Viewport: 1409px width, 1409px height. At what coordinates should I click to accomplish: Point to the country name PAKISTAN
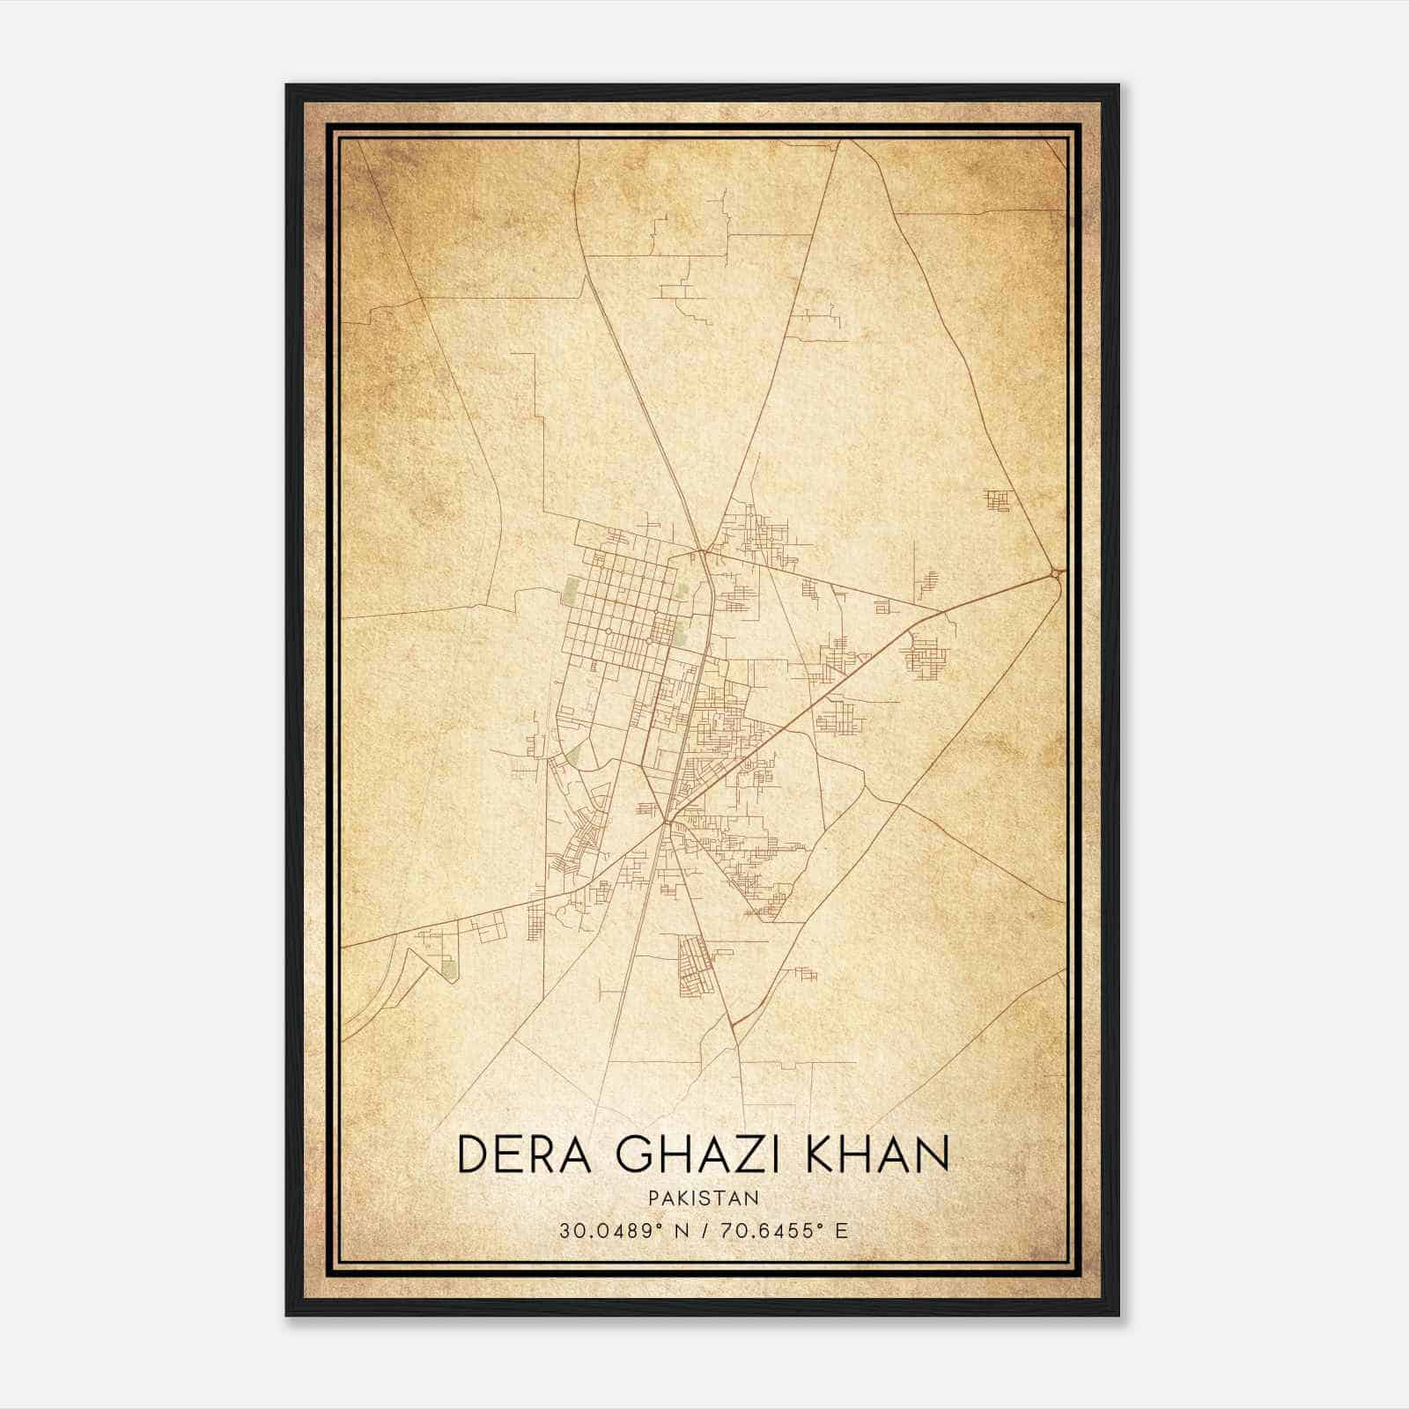click(x=704, y=1199)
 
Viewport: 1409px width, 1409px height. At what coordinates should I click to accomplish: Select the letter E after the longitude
click(x=843, y=1230)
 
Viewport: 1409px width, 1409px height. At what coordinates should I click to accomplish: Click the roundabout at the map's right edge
click(x=1055, y=574)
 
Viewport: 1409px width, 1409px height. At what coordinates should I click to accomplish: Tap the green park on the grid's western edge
click(x=572, y=589)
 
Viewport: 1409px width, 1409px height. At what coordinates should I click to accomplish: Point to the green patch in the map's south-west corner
click(x=449, y=970)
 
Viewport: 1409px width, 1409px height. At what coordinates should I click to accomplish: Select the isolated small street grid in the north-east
click(x=998, y=501)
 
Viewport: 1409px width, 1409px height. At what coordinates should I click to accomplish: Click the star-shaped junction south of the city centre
click(x=668, y=822)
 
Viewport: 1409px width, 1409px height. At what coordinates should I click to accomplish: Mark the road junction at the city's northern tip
click(x=704, y=552)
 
